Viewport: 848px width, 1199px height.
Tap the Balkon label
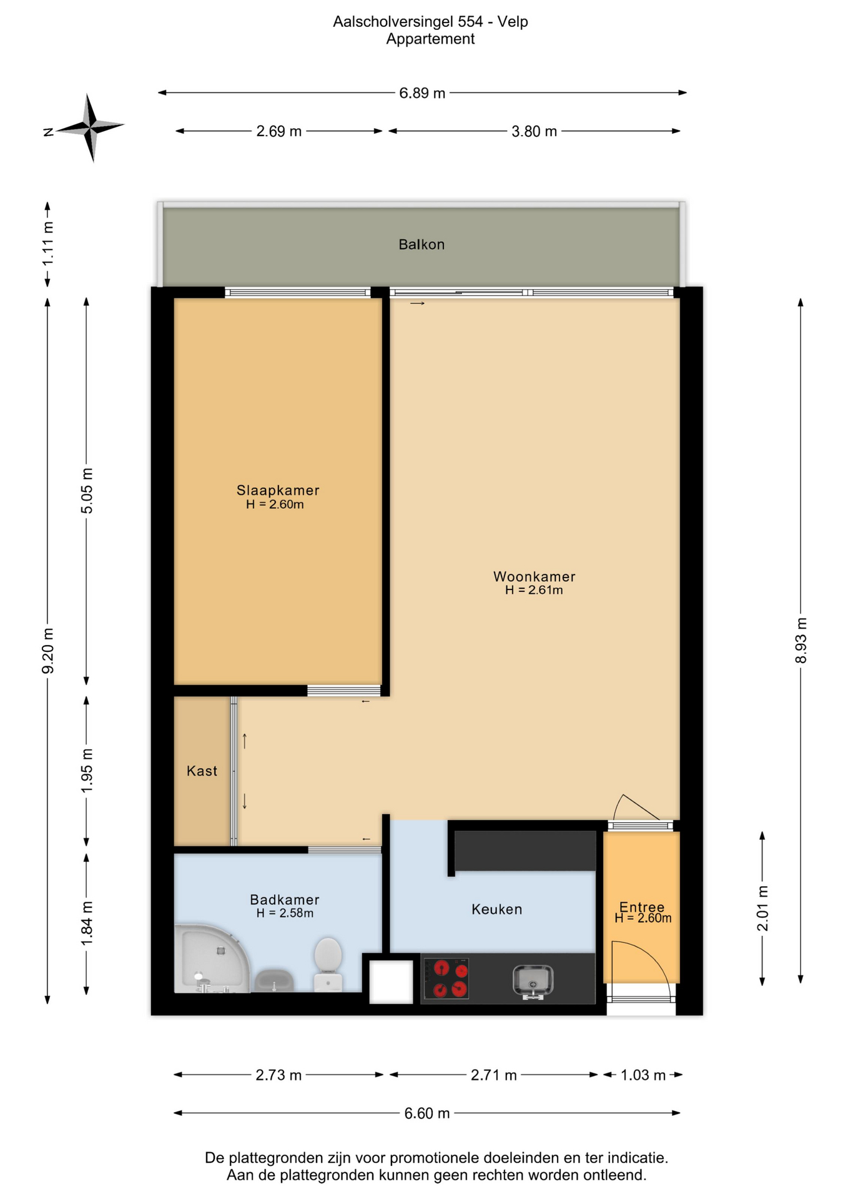tap(422, 244)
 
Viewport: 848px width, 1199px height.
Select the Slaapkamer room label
tap(278, 490)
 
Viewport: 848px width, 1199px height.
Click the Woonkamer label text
tap(534, 576)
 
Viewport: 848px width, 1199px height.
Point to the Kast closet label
tap(202, 771)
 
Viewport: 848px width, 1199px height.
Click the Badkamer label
tap(284, 899)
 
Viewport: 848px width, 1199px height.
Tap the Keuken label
tap(496, 909)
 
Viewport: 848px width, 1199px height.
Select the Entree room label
tap(642, 907)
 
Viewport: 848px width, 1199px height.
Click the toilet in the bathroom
tap(328, 964)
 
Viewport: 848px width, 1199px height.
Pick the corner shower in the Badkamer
tap(210, 959)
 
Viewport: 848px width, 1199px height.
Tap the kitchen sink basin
tap(533, 981)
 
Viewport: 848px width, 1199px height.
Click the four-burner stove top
tap(446, 979)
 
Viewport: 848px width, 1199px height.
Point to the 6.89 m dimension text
tap(422, 93)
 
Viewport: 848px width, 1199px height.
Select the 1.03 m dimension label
tap(643, 1075)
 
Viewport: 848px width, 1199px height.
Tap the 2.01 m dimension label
tap(762, 908)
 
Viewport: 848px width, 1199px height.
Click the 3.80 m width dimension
tap(534, 131)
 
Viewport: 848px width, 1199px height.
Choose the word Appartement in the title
tap(430, 39)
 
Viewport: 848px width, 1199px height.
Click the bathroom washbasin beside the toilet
tap(274, 980)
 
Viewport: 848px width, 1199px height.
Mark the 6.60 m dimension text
tap(427, 1113)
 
